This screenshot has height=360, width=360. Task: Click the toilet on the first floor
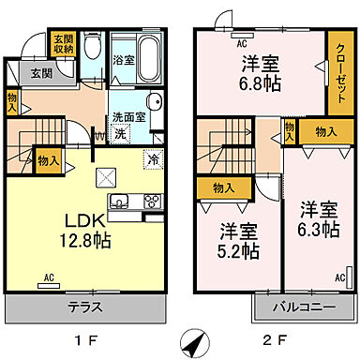coord(91,47)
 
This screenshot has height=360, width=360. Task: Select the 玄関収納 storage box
coord(62,43)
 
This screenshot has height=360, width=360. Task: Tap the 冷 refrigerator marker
coord(152,159)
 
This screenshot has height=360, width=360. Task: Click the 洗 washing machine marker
coord(120,134)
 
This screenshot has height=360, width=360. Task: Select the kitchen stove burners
coord(150,202)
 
